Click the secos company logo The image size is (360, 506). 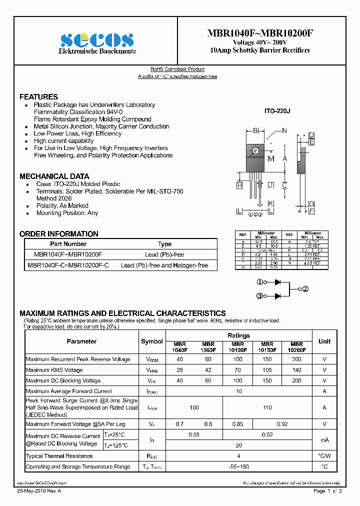click(x=97, y=39)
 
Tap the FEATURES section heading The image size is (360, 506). click(x=38, y=97)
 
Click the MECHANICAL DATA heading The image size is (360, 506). click(x=54, y=176)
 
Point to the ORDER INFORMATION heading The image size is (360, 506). click(x=58, y=234)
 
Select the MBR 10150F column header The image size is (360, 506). click(x=267, y=347)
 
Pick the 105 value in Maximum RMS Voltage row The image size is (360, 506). click(x=267, y=370)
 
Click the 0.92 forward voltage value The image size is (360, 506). click(x=282, y=424)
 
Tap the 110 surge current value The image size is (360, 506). click(x=267, y=407)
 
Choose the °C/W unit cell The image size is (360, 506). click(x=324, y=456)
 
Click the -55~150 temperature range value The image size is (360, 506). click(x=238, y=466)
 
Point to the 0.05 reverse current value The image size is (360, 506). click(x=194, y=435)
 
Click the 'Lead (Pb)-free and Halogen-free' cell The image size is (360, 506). click(x=164, y=265)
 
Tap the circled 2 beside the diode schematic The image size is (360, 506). click(x=305, y=289)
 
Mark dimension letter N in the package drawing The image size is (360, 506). click(x=284, y=131)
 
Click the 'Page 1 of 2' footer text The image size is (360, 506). click(x=327, y=491)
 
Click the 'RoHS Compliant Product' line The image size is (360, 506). click(x=177, y=69)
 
